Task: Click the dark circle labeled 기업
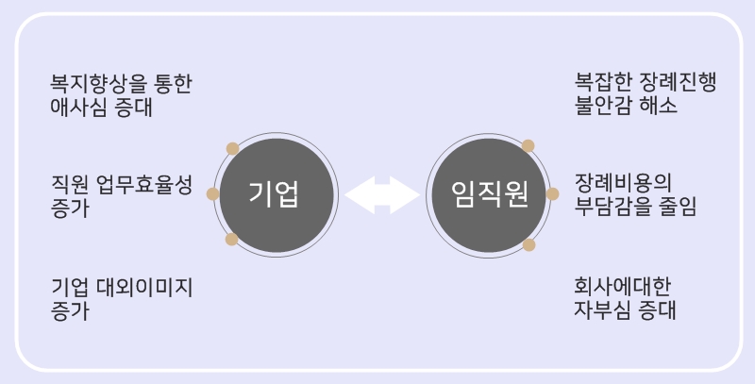click(x=275, y=193)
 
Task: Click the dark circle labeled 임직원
click(x=490, y=193)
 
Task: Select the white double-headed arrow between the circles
click(x=382, y=194)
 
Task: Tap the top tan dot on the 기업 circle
click(x=232, y=148)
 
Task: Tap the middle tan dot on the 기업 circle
click(x=213, y=193)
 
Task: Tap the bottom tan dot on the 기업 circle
click(x=232, y=240)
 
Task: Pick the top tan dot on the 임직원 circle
click(x=528, y=146)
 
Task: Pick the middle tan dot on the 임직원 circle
click(x=553, y=193)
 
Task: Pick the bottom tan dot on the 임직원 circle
click(x=528, y=245)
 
